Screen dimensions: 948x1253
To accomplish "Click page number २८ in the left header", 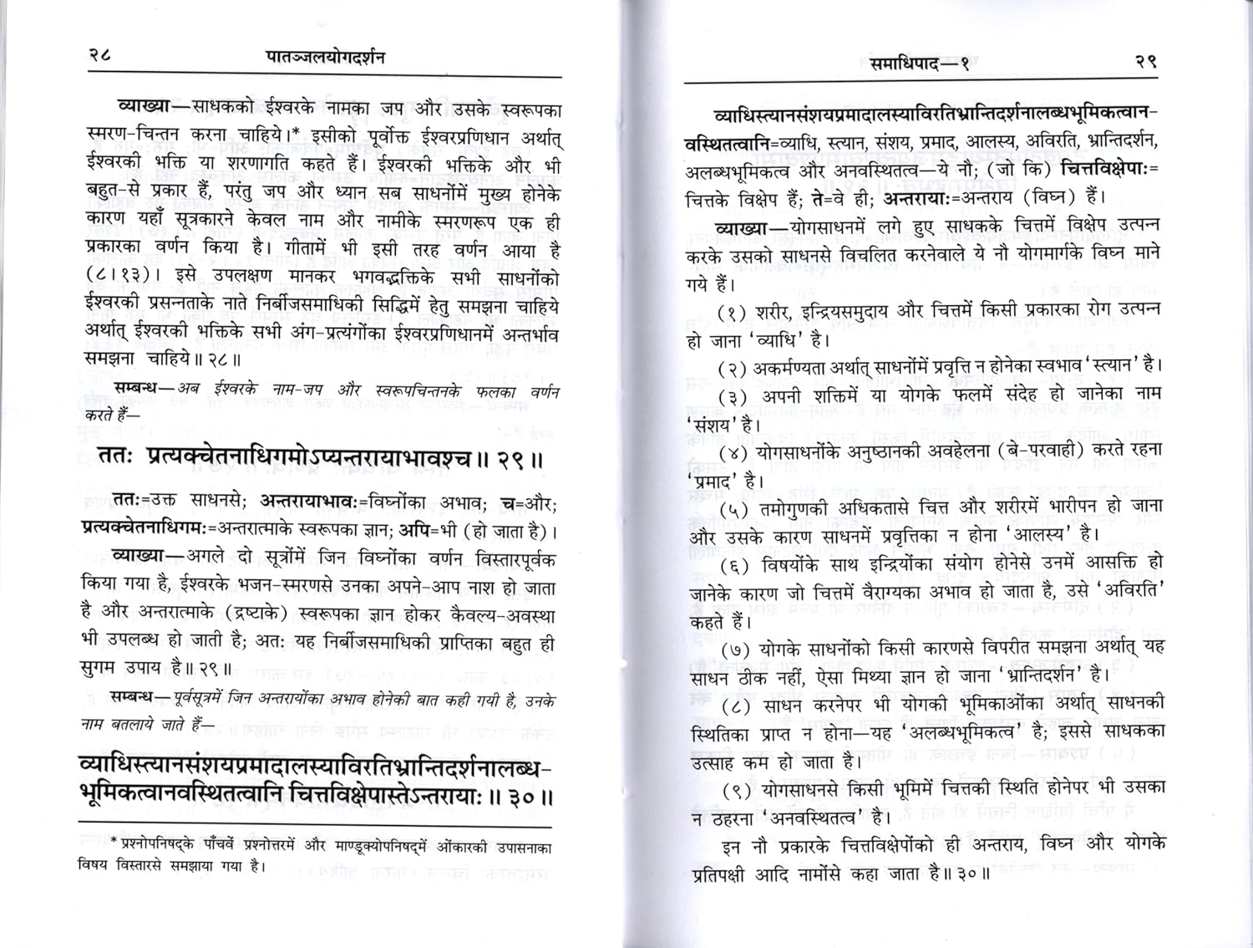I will [x=99, y=57].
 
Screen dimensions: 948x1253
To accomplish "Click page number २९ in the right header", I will [x=1144, y=62].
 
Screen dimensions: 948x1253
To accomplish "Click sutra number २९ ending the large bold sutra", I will [x=520, y=459].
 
